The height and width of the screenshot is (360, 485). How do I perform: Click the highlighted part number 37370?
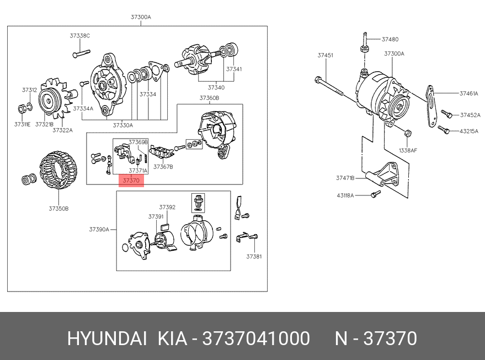point(131,181)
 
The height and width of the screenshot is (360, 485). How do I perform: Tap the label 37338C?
point(79,36)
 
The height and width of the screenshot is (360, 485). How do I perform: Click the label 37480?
point(390,40)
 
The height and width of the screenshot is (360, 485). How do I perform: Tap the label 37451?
point(325,55)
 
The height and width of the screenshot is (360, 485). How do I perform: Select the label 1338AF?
point(408,150)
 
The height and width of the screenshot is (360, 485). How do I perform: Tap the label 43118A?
point(346,195)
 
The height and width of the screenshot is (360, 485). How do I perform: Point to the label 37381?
point(254,257)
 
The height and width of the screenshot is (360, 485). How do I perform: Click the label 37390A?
point(99,229)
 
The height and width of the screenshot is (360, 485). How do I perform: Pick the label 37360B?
point(209,98)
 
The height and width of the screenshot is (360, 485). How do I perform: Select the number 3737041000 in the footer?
point(256,338)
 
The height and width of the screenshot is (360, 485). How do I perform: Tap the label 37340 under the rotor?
point(216,87)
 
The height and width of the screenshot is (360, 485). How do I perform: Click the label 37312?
point(30,89)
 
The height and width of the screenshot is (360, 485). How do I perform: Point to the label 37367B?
point(163,166)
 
